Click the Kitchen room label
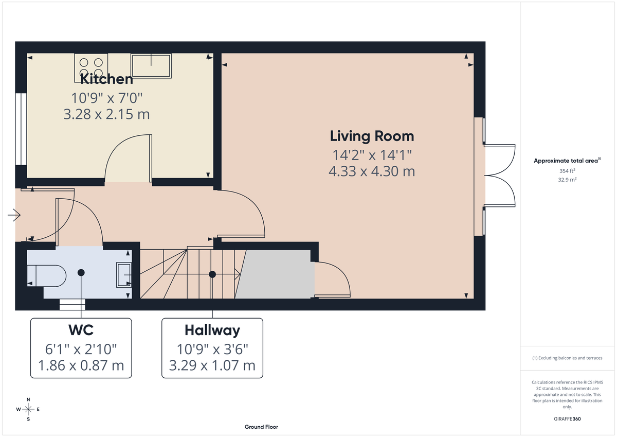coord(107,79)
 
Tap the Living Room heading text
coord(372,136)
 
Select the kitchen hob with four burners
coord(92,66)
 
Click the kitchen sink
coord(151,66)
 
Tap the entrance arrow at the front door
coord(14,215)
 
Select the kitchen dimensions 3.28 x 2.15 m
coord(106,114)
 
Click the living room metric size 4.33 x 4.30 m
coord(372,171)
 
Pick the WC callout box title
coord(81,330)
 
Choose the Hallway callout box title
coord(212,330)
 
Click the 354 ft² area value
coord(567,171)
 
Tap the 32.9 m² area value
coord(567,180)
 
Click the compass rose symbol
coord(28,409)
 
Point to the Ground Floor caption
coord(261,427)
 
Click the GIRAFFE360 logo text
coord(567,419)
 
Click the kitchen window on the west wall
coord(21,129)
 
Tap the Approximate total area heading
coord(567,161)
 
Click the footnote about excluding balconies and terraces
coord(567,358)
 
